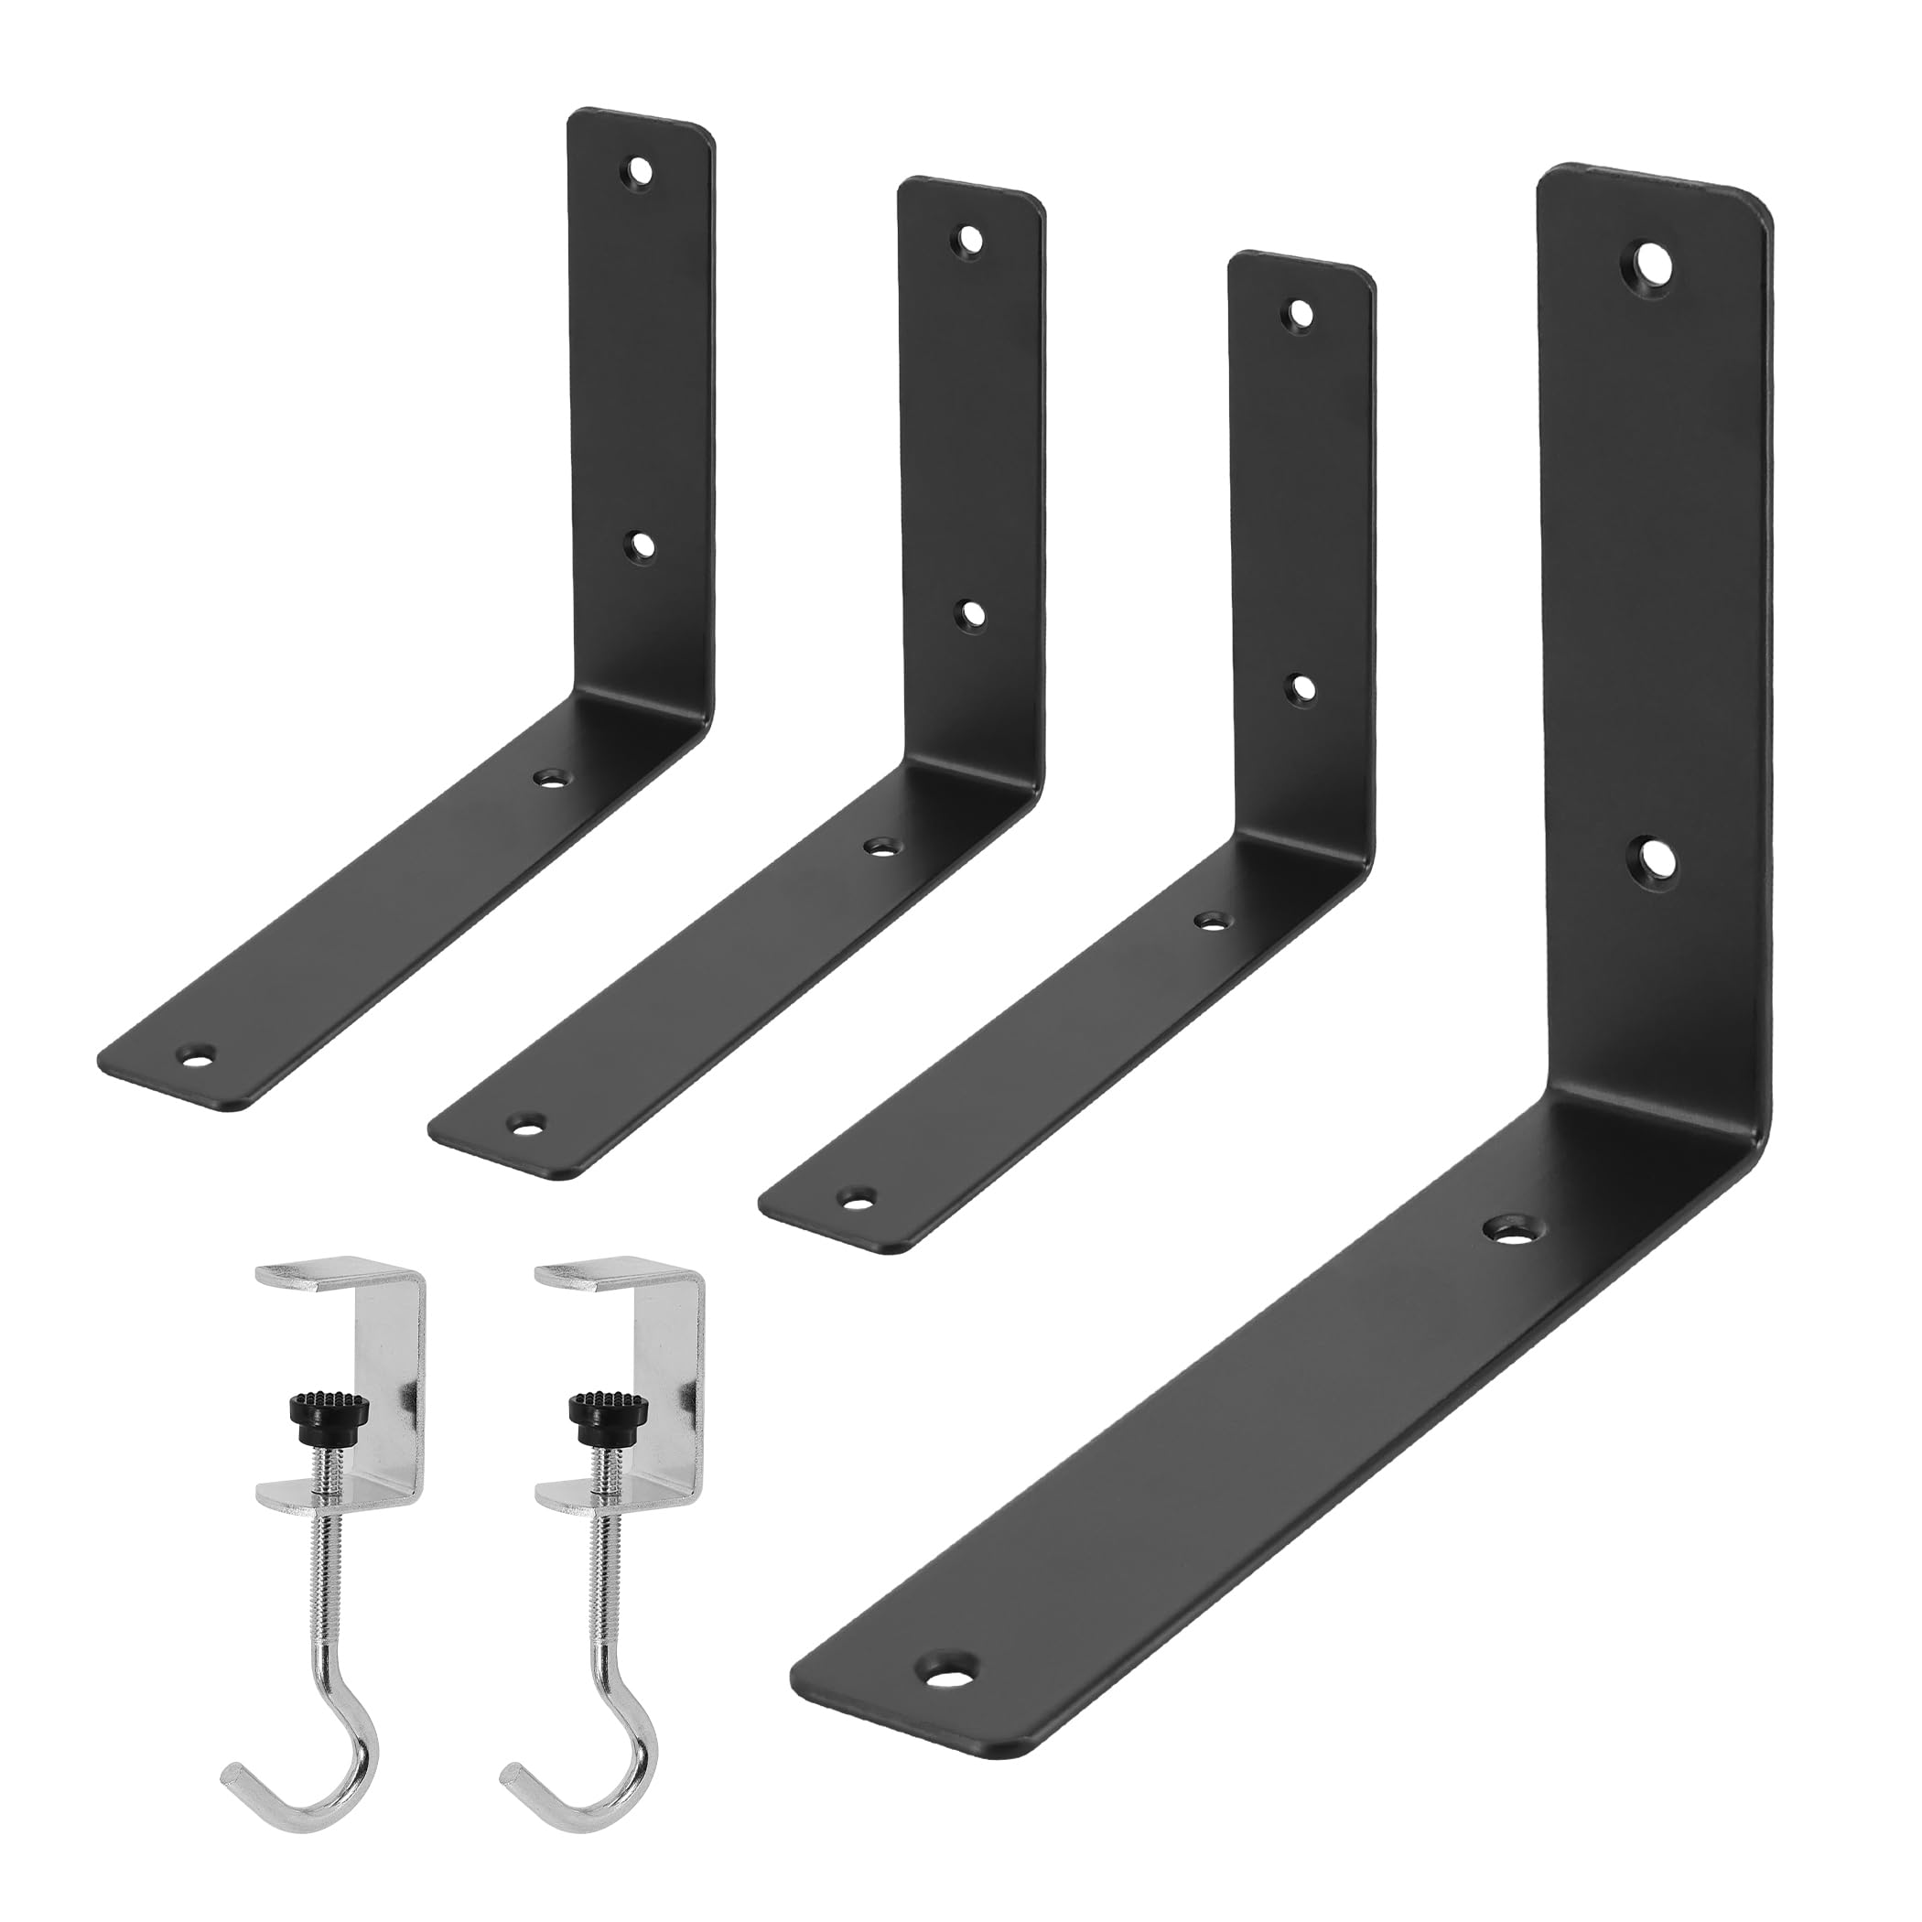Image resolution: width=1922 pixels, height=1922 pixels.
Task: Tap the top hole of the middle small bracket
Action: point(970,240)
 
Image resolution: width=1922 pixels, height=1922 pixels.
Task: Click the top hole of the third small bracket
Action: point(1300,316)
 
